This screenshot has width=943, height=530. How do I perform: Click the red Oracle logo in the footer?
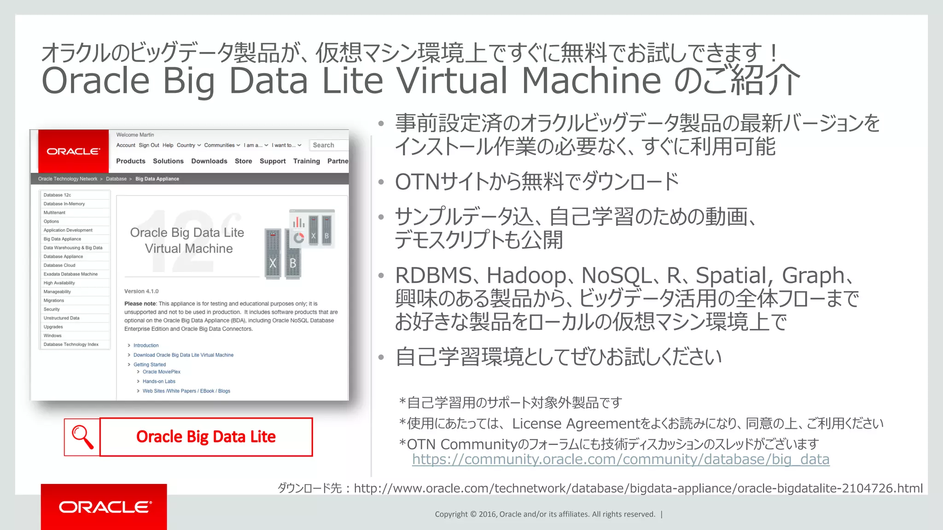click(104, 507)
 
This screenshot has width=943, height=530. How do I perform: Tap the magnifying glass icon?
click(82, 437)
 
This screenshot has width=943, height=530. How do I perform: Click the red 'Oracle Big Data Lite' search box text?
click(206, 437)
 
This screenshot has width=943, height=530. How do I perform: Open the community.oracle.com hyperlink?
click(620, 459)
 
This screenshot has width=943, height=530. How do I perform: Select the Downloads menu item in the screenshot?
click(209, 161)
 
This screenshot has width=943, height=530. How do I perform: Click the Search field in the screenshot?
click(329, 145)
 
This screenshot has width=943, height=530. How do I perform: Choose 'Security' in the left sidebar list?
click(52, 309)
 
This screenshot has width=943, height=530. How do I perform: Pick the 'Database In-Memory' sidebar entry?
click(64, 204)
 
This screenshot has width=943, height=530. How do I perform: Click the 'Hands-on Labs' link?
click(159, 381)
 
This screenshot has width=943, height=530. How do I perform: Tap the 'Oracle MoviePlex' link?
click(161, 372)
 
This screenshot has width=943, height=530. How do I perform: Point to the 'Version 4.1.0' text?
click(141, 291)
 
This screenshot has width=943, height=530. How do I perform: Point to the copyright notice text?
click(545, 514)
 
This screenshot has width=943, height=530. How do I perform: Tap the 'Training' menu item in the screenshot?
click(306, 161)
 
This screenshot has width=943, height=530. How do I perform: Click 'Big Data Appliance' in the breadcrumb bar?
click(157, 179)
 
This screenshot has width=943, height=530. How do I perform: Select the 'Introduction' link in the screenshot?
click(146, 346)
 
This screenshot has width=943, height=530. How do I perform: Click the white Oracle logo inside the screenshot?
click(73, 151)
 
